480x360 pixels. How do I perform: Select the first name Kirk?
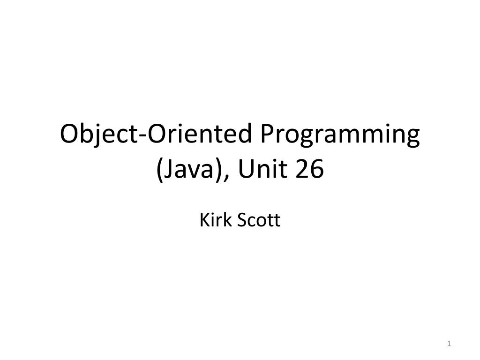215,219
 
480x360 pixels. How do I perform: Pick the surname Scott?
259,219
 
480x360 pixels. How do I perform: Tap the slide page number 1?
449,345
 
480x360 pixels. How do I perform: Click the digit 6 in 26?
317,170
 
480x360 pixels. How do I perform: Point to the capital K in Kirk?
204,219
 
